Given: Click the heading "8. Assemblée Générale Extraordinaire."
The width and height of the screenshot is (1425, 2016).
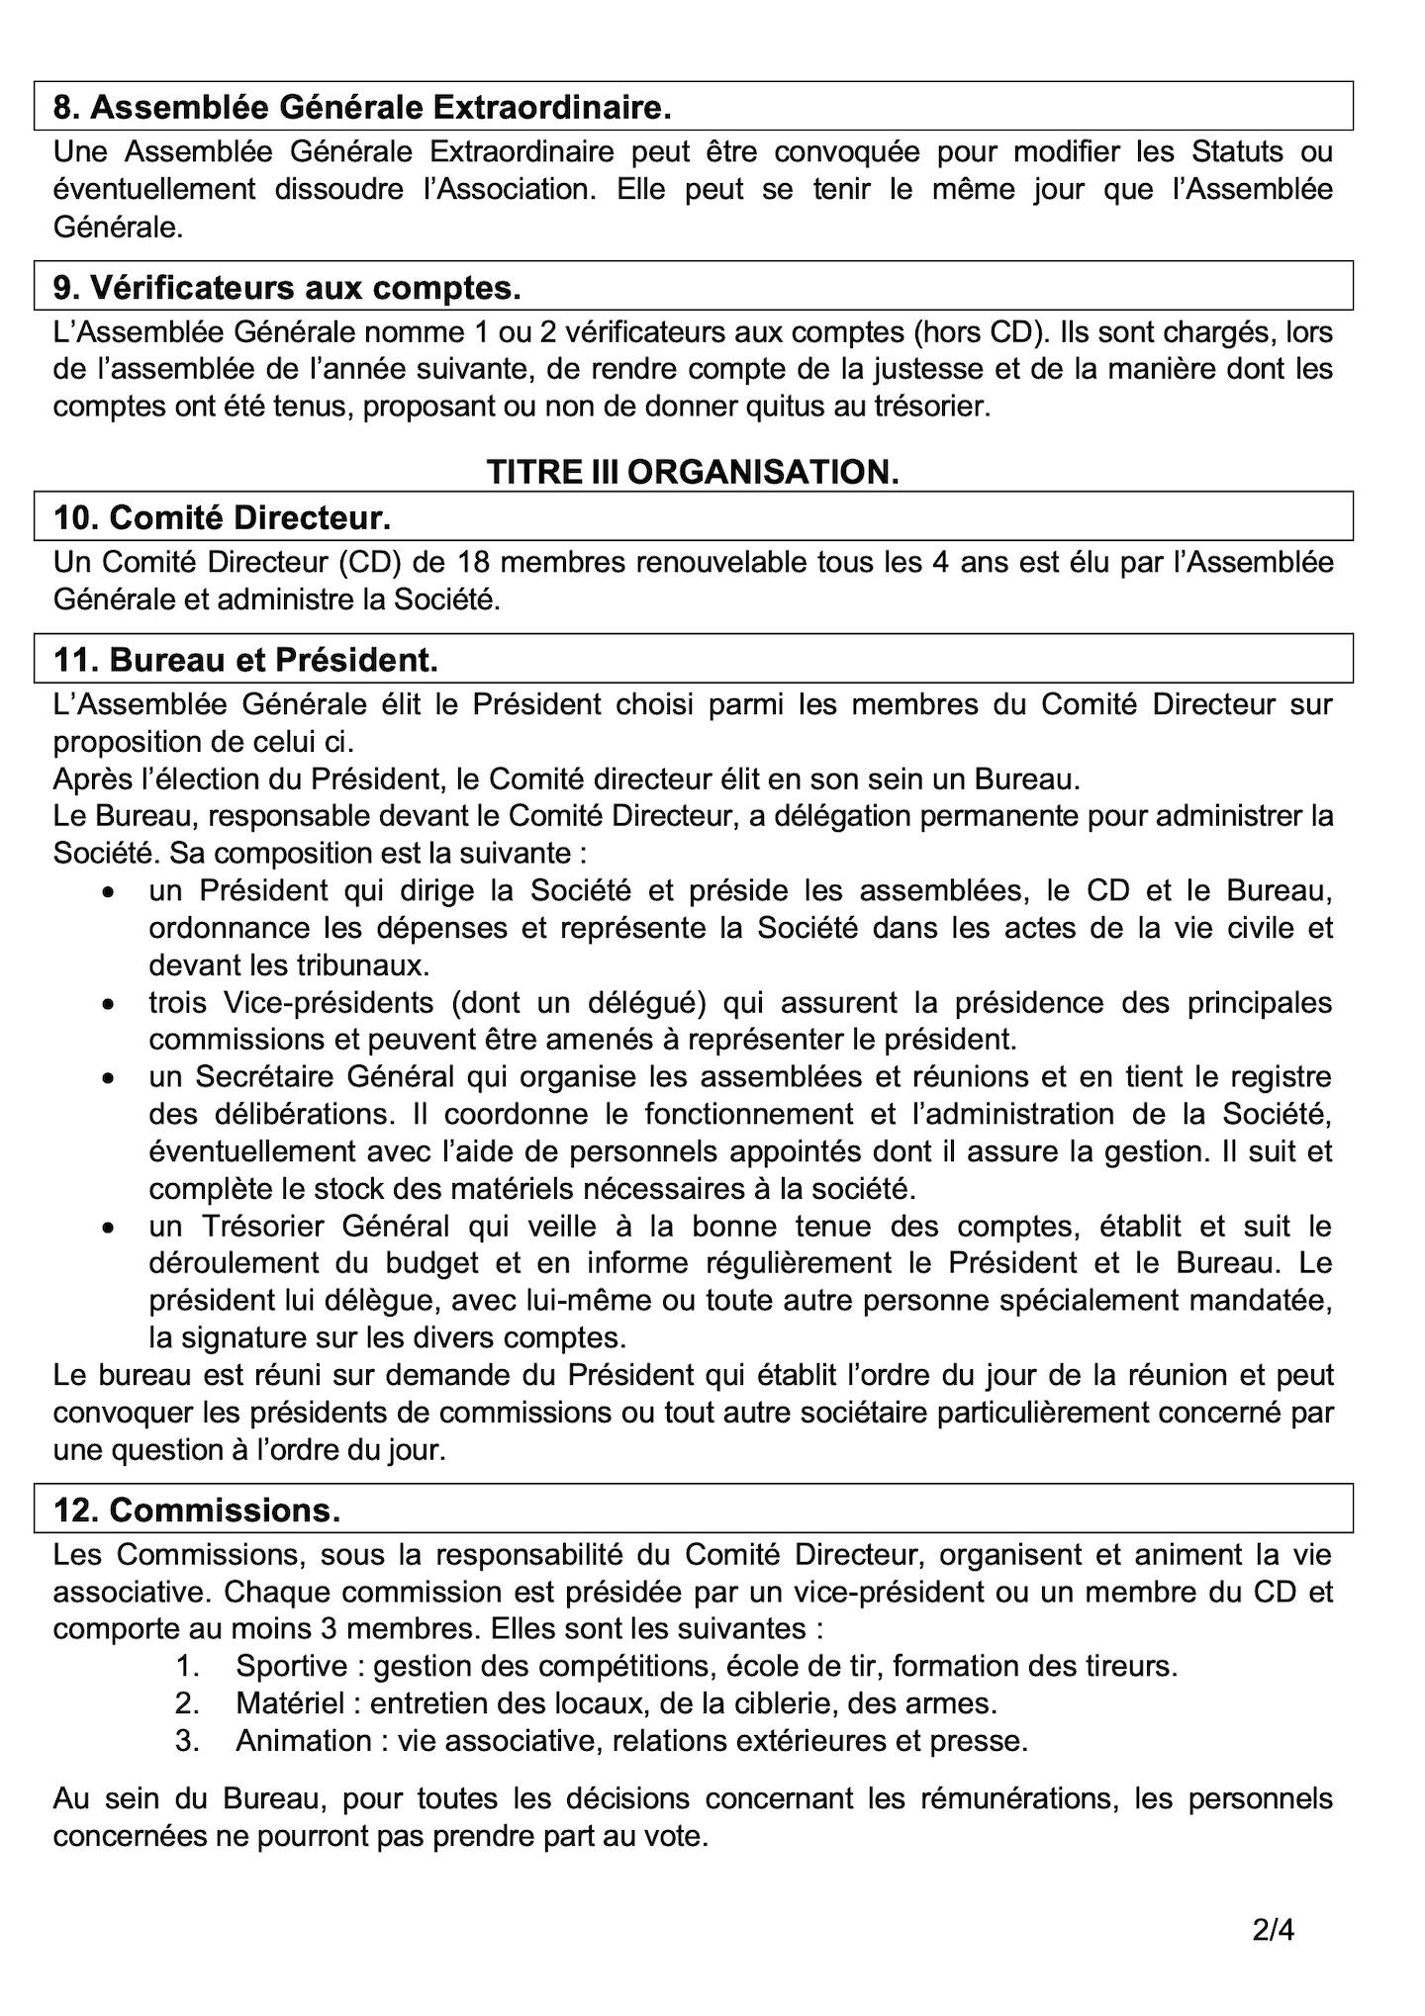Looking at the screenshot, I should pos(362,107).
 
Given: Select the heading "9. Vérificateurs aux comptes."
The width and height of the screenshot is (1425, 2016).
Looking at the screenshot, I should pos(287,287).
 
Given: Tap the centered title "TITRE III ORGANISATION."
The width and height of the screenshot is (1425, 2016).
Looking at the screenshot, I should pos(693,473).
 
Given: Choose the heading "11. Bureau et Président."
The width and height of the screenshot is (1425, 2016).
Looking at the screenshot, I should pos(245,659).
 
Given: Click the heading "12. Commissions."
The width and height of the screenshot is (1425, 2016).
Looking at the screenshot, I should pos(197,1510).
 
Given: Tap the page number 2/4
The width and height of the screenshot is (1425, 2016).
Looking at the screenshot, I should pos(1273,1930).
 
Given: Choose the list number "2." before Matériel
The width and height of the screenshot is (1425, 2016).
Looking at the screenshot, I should pos(188,1703).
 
